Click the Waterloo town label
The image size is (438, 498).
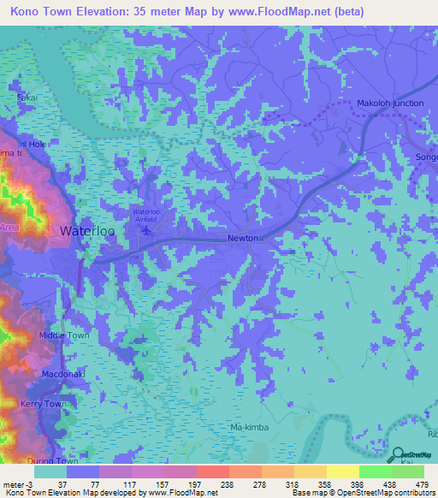pyautogui.click(x=87, y=231)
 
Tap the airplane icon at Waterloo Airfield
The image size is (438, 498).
pyautogui.click(x=145, y=228)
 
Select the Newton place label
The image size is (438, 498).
pyautogui.click(x=243, y=239)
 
